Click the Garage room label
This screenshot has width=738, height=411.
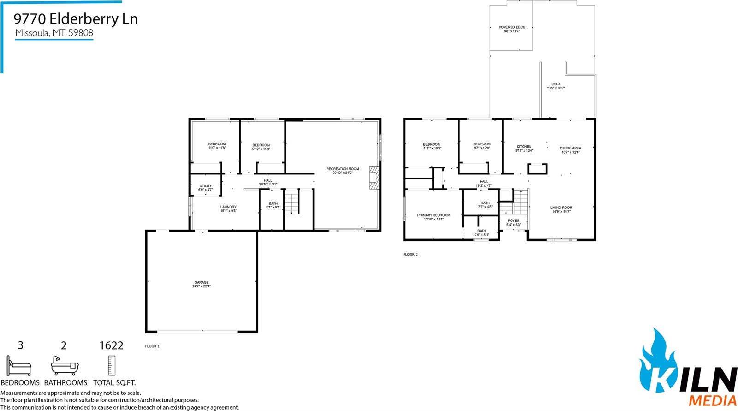point(202,284)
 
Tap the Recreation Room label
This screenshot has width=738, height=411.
point(342,171)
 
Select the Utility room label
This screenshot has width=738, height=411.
point(206,187)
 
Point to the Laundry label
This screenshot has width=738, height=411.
point(228,208)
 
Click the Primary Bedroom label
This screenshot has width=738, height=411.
point(434,217)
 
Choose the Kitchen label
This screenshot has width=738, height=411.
point(524,148)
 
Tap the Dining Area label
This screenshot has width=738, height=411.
point(570,150)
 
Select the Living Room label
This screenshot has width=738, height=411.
point(561,209)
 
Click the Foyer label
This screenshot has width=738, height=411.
point(513,222)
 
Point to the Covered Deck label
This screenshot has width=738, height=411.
point(512,29)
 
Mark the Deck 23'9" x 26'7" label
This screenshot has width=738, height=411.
point(556,86)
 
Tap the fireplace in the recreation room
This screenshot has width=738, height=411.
point(374,178)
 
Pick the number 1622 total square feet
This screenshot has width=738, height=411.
point(111,345)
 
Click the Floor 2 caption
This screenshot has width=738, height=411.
point(410,254)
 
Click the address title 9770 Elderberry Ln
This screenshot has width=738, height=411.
point(76,19)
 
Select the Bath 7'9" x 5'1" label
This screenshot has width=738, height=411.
point(482,232)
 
